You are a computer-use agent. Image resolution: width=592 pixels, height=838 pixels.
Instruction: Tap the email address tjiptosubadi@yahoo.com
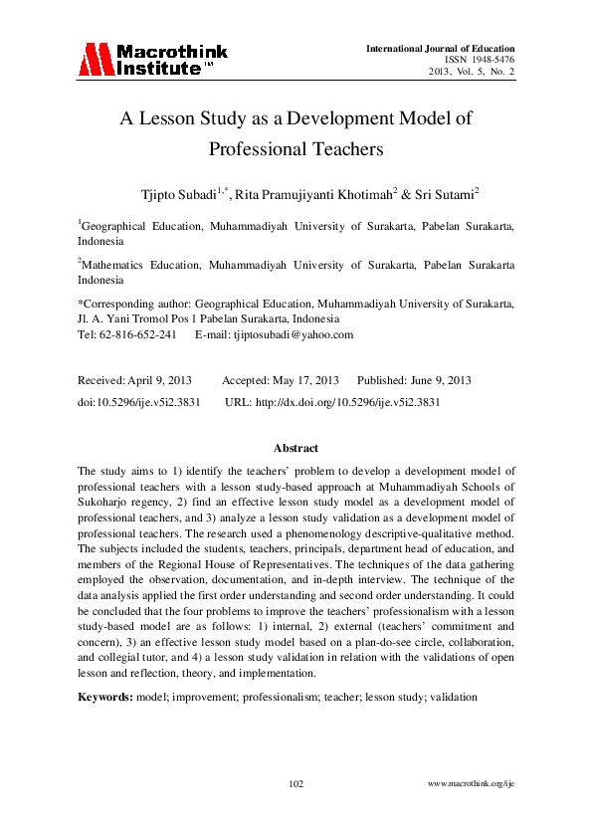click(288, 334)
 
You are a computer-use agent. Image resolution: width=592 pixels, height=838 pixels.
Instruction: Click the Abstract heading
click(296, 449)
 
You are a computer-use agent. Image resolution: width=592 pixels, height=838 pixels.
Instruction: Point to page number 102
click(296, 784)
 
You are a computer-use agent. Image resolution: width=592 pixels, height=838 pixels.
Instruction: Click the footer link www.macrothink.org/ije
click(470, 785)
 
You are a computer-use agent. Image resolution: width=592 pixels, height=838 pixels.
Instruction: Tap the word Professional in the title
click(259, 149)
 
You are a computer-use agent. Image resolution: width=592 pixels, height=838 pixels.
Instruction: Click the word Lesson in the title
click(170, 118)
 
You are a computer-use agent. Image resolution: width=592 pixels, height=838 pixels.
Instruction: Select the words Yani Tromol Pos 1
click(143, 319)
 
